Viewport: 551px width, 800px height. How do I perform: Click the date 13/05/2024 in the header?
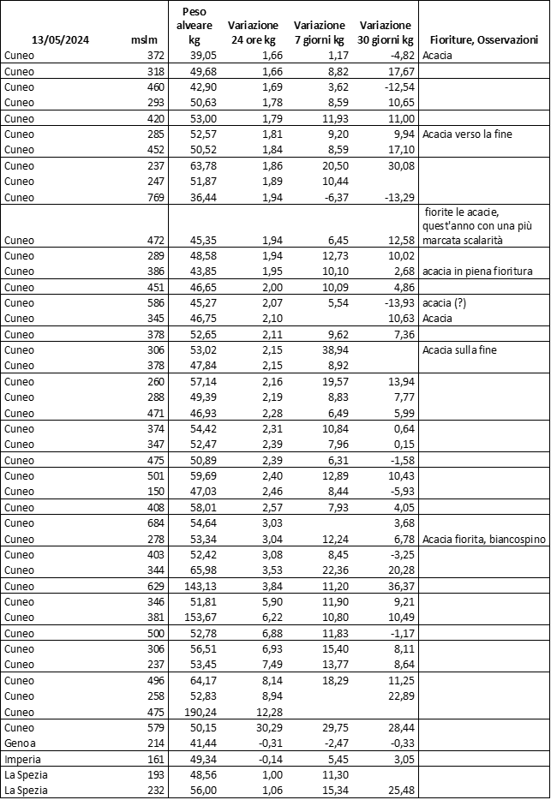coord(61,39)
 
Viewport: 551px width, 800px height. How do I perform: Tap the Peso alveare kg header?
coord(200,25)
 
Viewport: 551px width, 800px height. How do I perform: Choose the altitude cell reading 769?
coord(155,197)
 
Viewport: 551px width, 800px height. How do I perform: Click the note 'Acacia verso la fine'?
coord(468,134)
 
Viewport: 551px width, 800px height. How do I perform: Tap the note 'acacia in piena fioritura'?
coord(478,272)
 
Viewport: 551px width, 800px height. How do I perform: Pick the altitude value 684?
coord(155,522)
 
